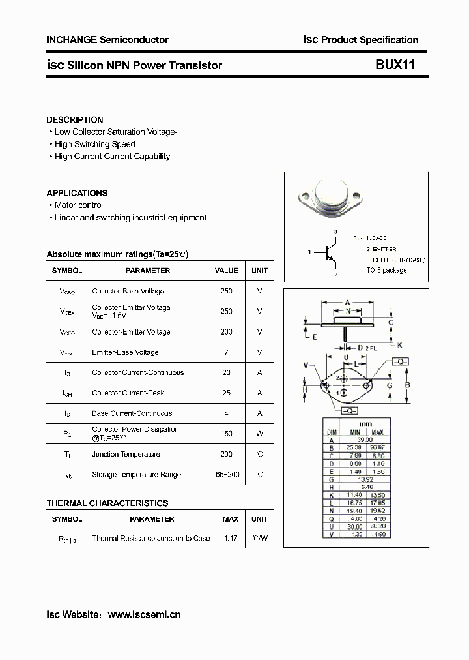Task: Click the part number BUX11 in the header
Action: [395, 65]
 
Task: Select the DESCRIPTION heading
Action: [75, 120]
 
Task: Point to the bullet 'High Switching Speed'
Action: [94, 144]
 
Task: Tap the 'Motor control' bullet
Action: [78, 205]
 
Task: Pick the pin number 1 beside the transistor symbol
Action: [309, 252]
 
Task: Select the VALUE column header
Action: [226, 271]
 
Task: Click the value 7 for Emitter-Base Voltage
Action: [226, 352]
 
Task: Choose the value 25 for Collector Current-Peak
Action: [226, 393]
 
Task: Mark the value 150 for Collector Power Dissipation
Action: [226, 434]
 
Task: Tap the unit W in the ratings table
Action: [259, 434]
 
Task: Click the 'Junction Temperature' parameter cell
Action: [126, 455]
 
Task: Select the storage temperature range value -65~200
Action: [226, 475]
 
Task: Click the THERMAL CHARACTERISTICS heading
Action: [107, 503]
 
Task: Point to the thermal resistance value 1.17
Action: [231, 539]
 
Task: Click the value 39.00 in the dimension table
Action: [365, 440]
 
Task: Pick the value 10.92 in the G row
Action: [365, 479]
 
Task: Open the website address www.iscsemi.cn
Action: [144, 614]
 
